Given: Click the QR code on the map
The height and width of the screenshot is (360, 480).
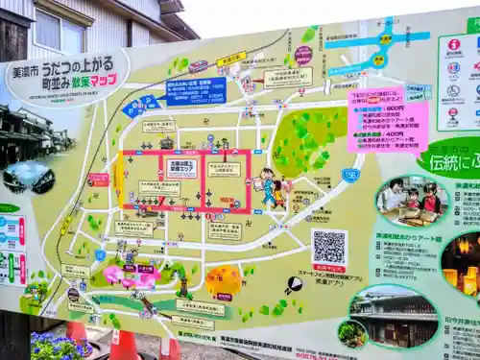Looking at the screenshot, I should [328, 248].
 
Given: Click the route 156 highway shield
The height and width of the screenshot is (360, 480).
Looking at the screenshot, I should [350, 175].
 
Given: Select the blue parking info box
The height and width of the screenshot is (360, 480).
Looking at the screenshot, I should [196, 91].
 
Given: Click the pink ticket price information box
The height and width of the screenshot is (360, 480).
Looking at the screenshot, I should [387, 120].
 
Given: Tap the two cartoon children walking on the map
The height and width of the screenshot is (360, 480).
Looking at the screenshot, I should [272, 188].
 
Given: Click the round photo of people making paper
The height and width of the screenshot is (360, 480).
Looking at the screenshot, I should [412, 202].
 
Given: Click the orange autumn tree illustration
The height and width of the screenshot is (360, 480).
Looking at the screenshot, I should [224, 280].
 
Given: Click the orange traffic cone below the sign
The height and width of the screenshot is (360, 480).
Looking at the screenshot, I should [124, 345].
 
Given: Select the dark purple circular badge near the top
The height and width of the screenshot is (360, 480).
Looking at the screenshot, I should [303, 55].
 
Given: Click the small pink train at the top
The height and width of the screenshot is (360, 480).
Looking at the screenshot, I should [199, 66].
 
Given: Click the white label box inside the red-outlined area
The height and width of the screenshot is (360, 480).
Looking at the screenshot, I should [181, 168].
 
